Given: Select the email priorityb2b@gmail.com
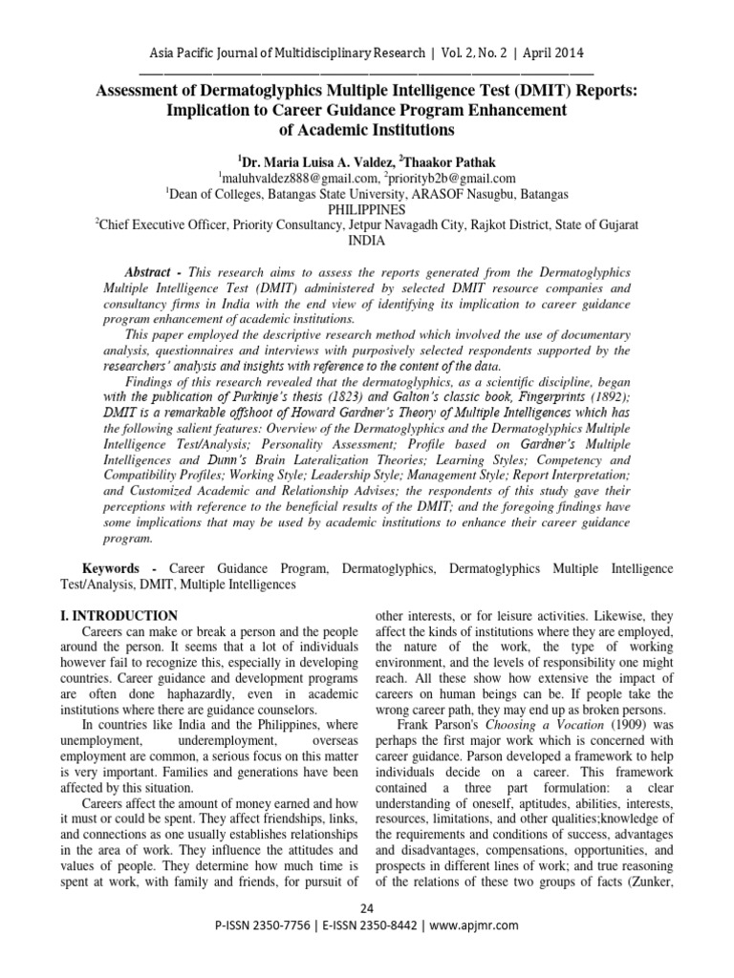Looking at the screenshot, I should (x=453, y=178).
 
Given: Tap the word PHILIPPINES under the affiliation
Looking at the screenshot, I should (x=367, y=209).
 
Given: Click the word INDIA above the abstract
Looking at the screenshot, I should (x=367, y=242).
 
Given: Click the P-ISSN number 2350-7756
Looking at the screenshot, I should (x=291, y=925).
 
